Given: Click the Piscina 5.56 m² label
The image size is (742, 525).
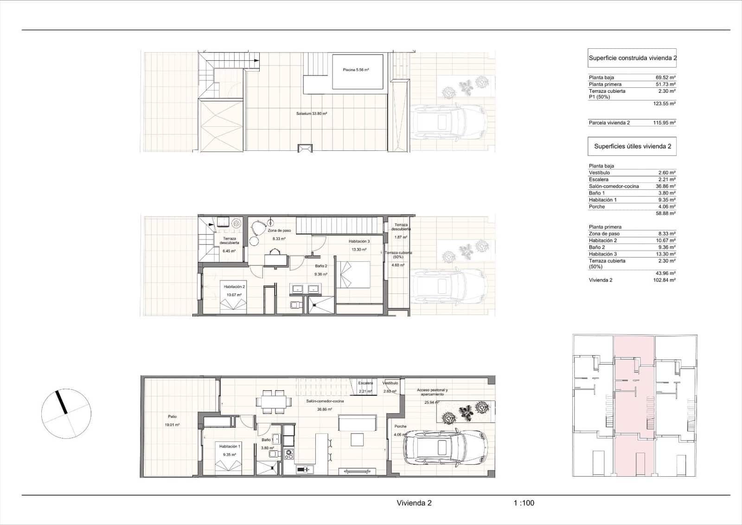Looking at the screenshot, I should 356,70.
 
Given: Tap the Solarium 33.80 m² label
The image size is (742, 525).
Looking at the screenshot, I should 312,113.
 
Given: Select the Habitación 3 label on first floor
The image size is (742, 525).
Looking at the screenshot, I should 359,241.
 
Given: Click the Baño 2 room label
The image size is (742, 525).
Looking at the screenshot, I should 321,266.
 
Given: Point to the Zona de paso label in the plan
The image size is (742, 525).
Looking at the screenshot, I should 279,231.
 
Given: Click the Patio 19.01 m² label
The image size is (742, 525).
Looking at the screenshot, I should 172,417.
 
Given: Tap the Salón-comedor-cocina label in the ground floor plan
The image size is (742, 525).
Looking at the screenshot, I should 325,401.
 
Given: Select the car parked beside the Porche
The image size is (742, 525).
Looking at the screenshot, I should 445,449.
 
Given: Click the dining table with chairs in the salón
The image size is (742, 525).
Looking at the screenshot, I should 274,401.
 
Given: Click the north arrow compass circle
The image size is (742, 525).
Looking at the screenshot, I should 66,414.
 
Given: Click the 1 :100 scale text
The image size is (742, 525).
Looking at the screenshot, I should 524,503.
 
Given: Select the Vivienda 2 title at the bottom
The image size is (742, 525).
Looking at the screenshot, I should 414,503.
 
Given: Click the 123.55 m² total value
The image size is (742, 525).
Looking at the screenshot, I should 664,104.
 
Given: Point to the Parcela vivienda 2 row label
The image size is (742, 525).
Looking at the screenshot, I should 609,123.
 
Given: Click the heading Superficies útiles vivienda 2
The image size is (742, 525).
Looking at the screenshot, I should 633,146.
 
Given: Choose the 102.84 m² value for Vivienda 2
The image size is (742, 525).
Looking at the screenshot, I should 664,280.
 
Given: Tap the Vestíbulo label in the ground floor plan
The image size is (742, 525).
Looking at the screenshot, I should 390,383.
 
